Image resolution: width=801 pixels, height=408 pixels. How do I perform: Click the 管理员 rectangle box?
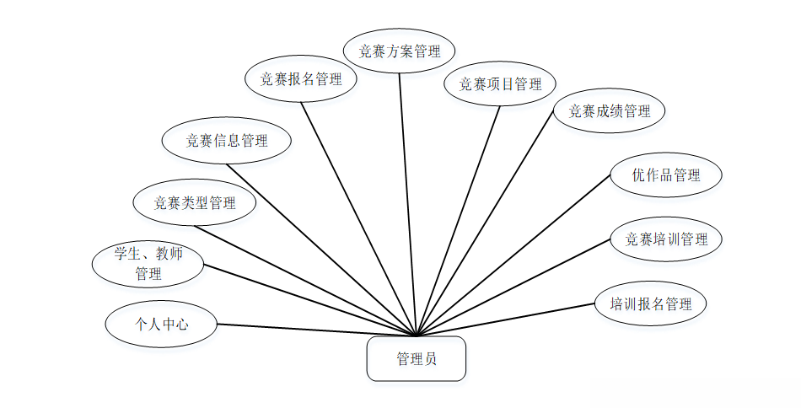point(417,359)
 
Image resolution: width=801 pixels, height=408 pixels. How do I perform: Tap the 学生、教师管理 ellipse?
point(148,263)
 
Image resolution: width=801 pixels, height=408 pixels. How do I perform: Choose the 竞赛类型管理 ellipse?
point(194,202)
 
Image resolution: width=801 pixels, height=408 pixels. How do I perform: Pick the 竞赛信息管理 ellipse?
point(227,141)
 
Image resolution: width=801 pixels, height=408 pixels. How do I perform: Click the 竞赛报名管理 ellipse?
point(301,79)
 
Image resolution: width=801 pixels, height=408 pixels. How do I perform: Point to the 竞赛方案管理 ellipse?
point(400,51)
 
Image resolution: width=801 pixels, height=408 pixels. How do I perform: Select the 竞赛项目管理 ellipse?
point(500,83)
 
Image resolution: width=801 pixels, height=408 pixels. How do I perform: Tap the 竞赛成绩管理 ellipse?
point(610,110)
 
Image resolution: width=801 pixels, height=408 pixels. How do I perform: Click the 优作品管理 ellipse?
point(666,175)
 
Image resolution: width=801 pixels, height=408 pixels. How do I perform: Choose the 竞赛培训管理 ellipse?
point(666,239)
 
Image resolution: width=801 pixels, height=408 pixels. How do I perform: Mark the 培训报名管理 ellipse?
point(650,303)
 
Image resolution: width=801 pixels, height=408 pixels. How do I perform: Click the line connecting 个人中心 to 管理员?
point(316,330)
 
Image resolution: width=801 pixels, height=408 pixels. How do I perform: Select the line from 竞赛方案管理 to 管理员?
point(408,204)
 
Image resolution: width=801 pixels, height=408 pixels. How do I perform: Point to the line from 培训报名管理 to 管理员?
point(506,319)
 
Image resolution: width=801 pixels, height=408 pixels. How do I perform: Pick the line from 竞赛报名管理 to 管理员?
point(359,217)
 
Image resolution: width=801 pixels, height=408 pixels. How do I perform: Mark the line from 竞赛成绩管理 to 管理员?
point(485,231)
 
